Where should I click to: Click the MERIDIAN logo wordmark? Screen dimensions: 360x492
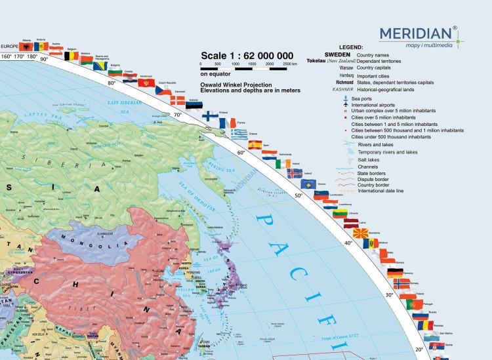pyautogui.click(x=415, y=32)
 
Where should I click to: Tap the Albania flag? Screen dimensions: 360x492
pyautogui.click(x=26, y=47)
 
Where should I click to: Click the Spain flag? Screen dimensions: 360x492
pyautogui.click(x=255, y=145)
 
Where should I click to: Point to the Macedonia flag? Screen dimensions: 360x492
pyautogui.click(x=360, y=233)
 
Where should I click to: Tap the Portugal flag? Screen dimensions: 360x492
pyautogui.click(x=413, y=305)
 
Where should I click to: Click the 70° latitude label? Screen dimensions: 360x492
pyautogui.click(x=177, y=115)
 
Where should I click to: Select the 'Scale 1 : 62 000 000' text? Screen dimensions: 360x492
pyautogui.click(x=247, y=55)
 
